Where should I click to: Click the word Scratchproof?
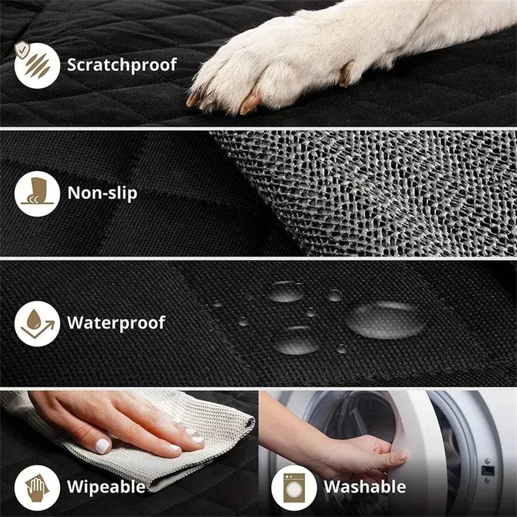click(122, 64)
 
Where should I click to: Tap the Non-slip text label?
click(102, 192)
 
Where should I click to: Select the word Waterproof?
click(116, 323)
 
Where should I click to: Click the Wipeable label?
click(106, 487)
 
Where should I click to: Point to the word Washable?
click(365, 487)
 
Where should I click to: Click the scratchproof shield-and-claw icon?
click(37, 64)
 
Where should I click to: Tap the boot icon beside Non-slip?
click(37, 193)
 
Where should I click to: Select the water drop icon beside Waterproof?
click(37, 323)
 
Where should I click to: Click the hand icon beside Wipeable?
click(37, 487)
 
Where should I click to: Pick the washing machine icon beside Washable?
click(293, 487)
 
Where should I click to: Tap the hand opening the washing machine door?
click(368, 454)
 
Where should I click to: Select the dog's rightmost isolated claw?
click(346, 75)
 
